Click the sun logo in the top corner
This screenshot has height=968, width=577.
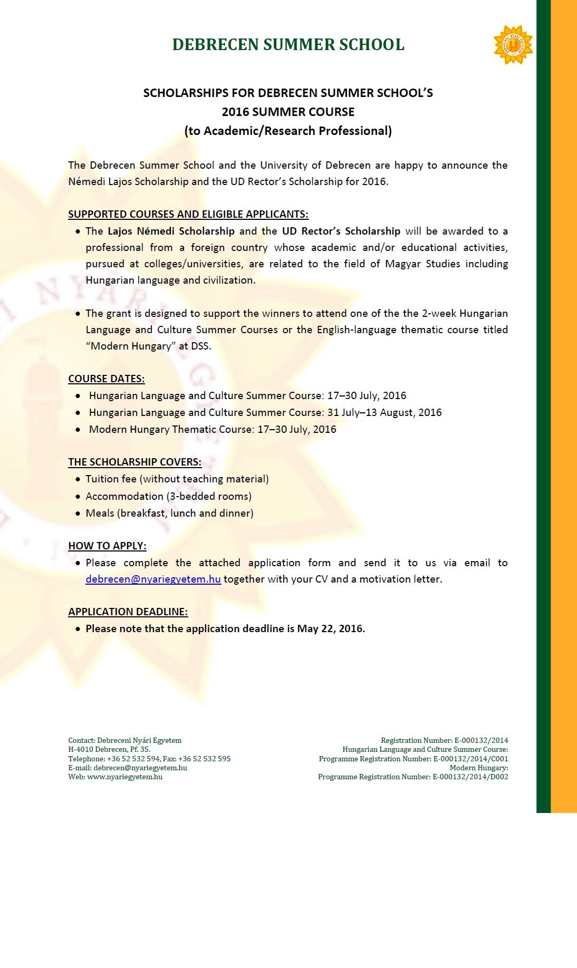click(513, 45)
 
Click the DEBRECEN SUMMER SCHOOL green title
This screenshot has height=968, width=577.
click(288, 45)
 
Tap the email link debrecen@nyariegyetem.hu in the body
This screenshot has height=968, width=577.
click(153, 579)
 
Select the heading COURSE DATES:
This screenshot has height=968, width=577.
click(106, 379)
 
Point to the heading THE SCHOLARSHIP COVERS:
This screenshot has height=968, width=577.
click(134, 462)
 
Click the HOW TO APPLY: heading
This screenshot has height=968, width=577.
click(107, 546)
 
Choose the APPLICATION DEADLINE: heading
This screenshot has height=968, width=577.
click(128, 612)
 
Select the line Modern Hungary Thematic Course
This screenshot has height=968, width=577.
click(212, 429)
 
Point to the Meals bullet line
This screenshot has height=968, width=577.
click(169, 513)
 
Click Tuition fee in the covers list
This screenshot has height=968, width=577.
click(111, 479)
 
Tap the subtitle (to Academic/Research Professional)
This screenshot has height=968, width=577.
click(288, 131)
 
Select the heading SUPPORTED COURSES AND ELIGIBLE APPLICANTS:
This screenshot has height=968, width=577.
click(188, 214)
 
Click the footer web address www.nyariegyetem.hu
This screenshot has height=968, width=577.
click(124, 777)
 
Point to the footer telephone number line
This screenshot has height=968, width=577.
click(149, 759)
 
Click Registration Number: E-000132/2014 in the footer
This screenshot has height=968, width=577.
click(444, 740)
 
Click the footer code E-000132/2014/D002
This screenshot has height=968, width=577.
click(470, 777)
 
